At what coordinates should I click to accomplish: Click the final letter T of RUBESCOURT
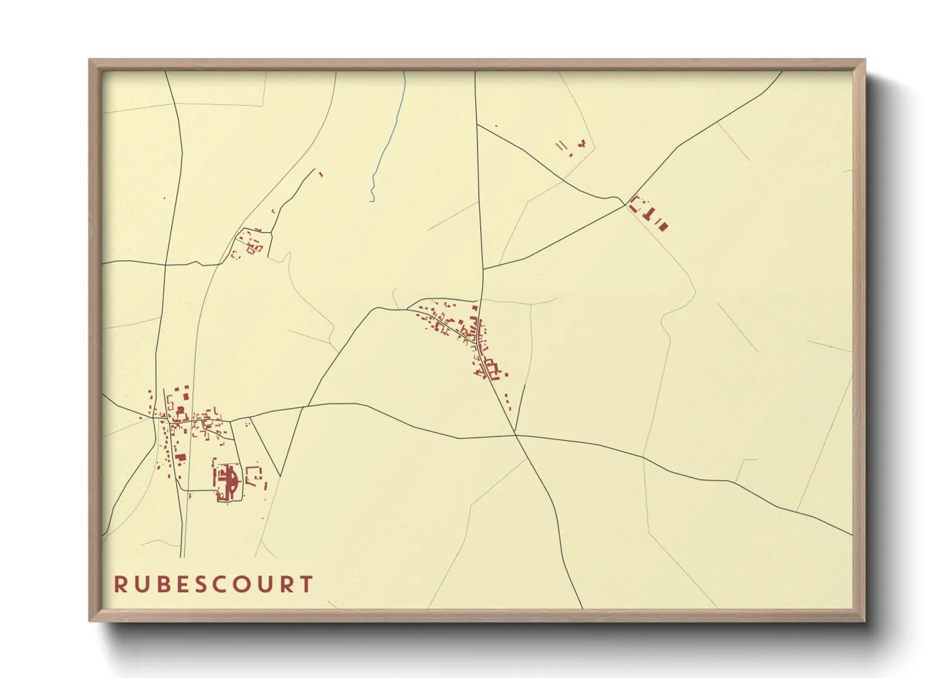[x=308, y=584]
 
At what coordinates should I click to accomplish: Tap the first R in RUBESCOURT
[x=120, y=584]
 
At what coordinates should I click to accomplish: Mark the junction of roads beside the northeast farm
[x=625, y=204]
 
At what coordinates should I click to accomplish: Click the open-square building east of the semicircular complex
[x=254, y=474]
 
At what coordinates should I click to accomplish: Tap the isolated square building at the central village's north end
[x=474, y=308]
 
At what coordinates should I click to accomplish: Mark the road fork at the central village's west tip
[x=408, y=309]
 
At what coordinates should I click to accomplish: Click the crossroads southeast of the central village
[x=516, y=435]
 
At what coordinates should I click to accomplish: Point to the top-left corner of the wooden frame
[x=90, y=60]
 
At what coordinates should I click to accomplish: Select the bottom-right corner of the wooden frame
[x=865, y=621]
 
